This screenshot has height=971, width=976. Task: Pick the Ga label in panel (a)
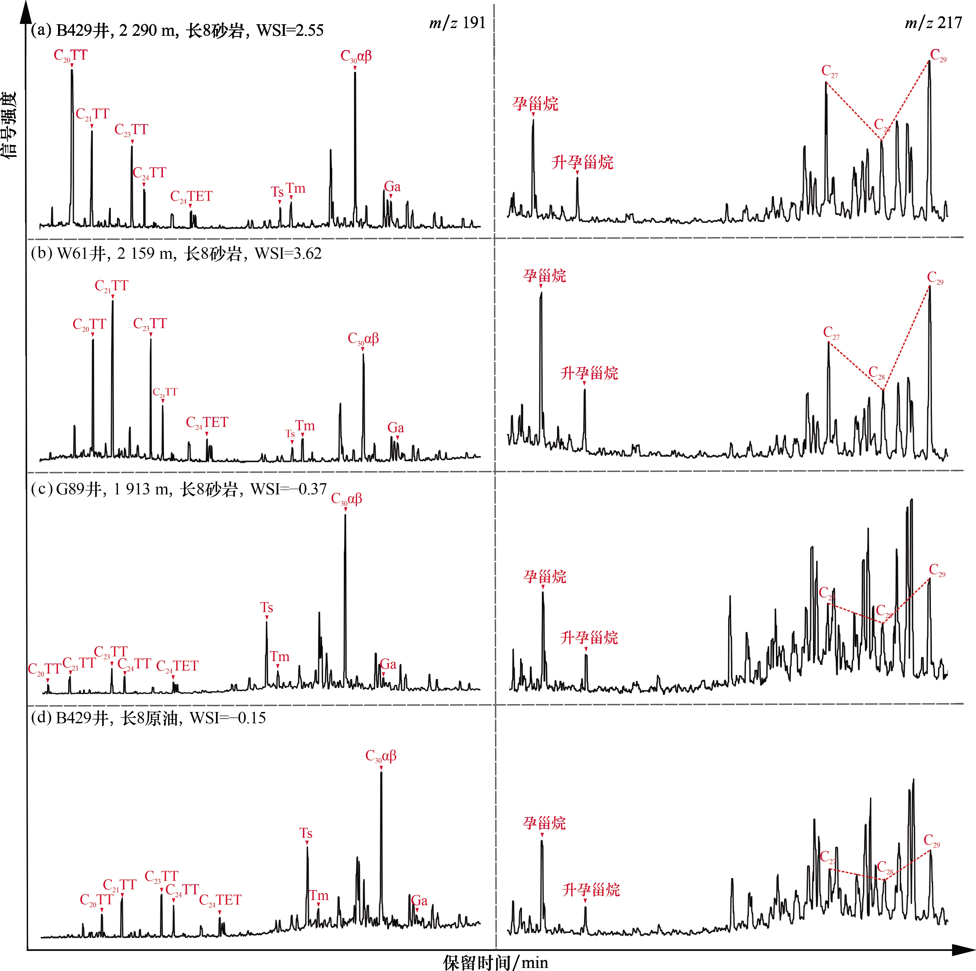(x=393, y=187)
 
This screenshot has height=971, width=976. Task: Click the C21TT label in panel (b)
(x=112, y=286)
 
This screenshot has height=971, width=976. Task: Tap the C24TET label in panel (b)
(x=207, y=422)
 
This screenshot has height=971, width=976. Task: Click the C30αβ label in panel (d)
(x=381, y=756)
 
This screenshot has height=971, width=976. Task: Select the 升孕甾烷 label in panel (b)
(x=589, y=373)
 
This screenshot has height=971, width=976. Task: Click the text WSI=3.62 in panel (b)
(x=288, y=253)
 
